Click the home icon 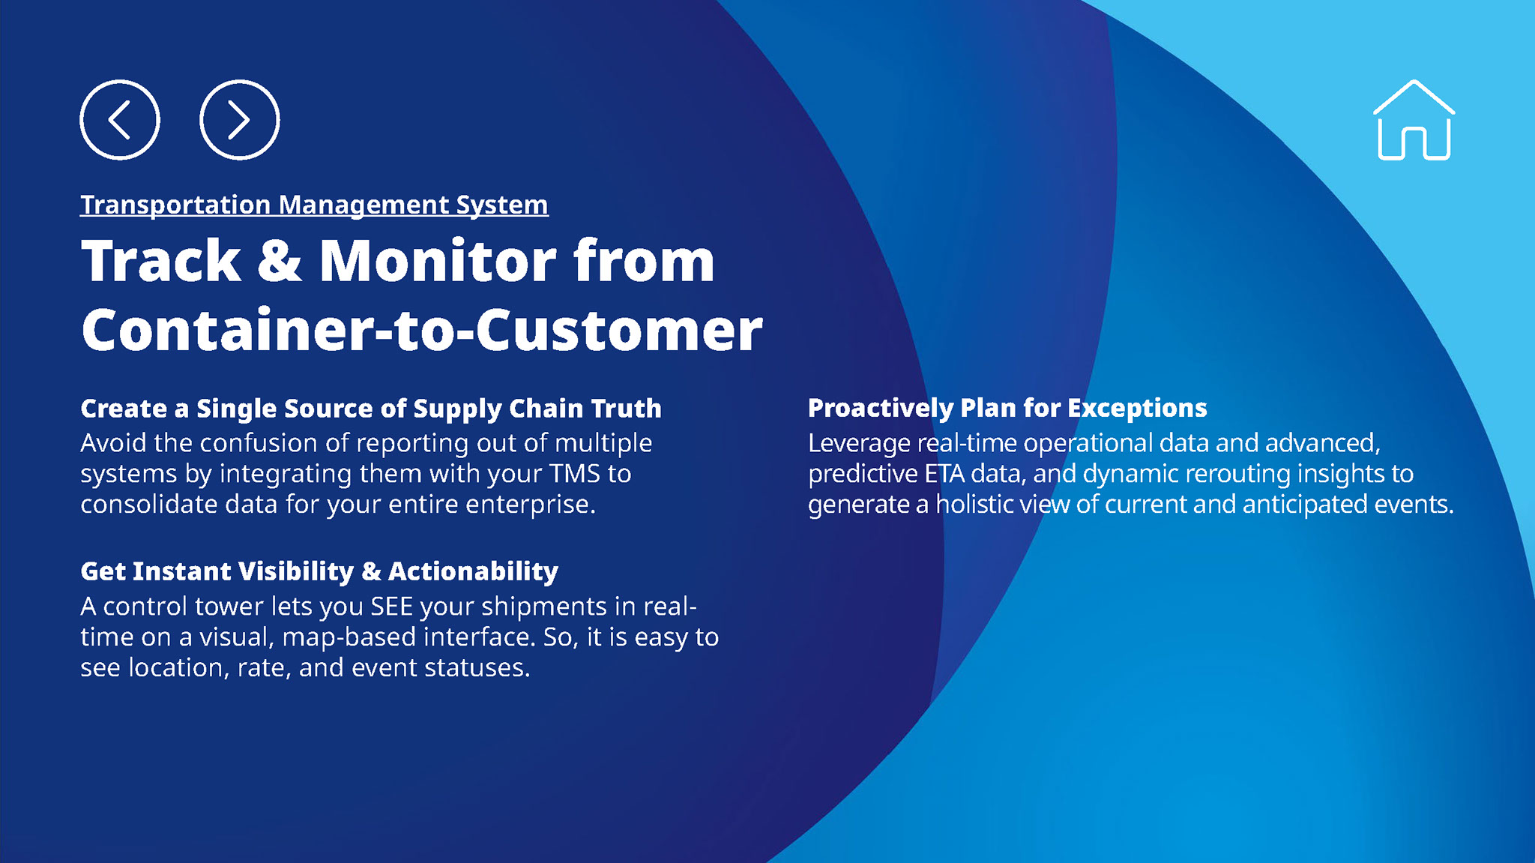[x=1414, y=120]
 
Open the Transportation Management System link [x=314, y=205]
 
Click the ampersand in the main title [x=279, y=261]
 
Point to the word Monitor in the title [x=438, y=261]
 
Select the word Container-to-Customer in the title [x=422, y=330]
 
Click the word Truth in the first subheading [x=626, y=409]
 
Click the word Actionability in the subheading [x=473, y=571]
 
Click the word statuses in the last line [x=477, y=668]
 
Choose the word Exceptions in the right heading [x=1137, y=408]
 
